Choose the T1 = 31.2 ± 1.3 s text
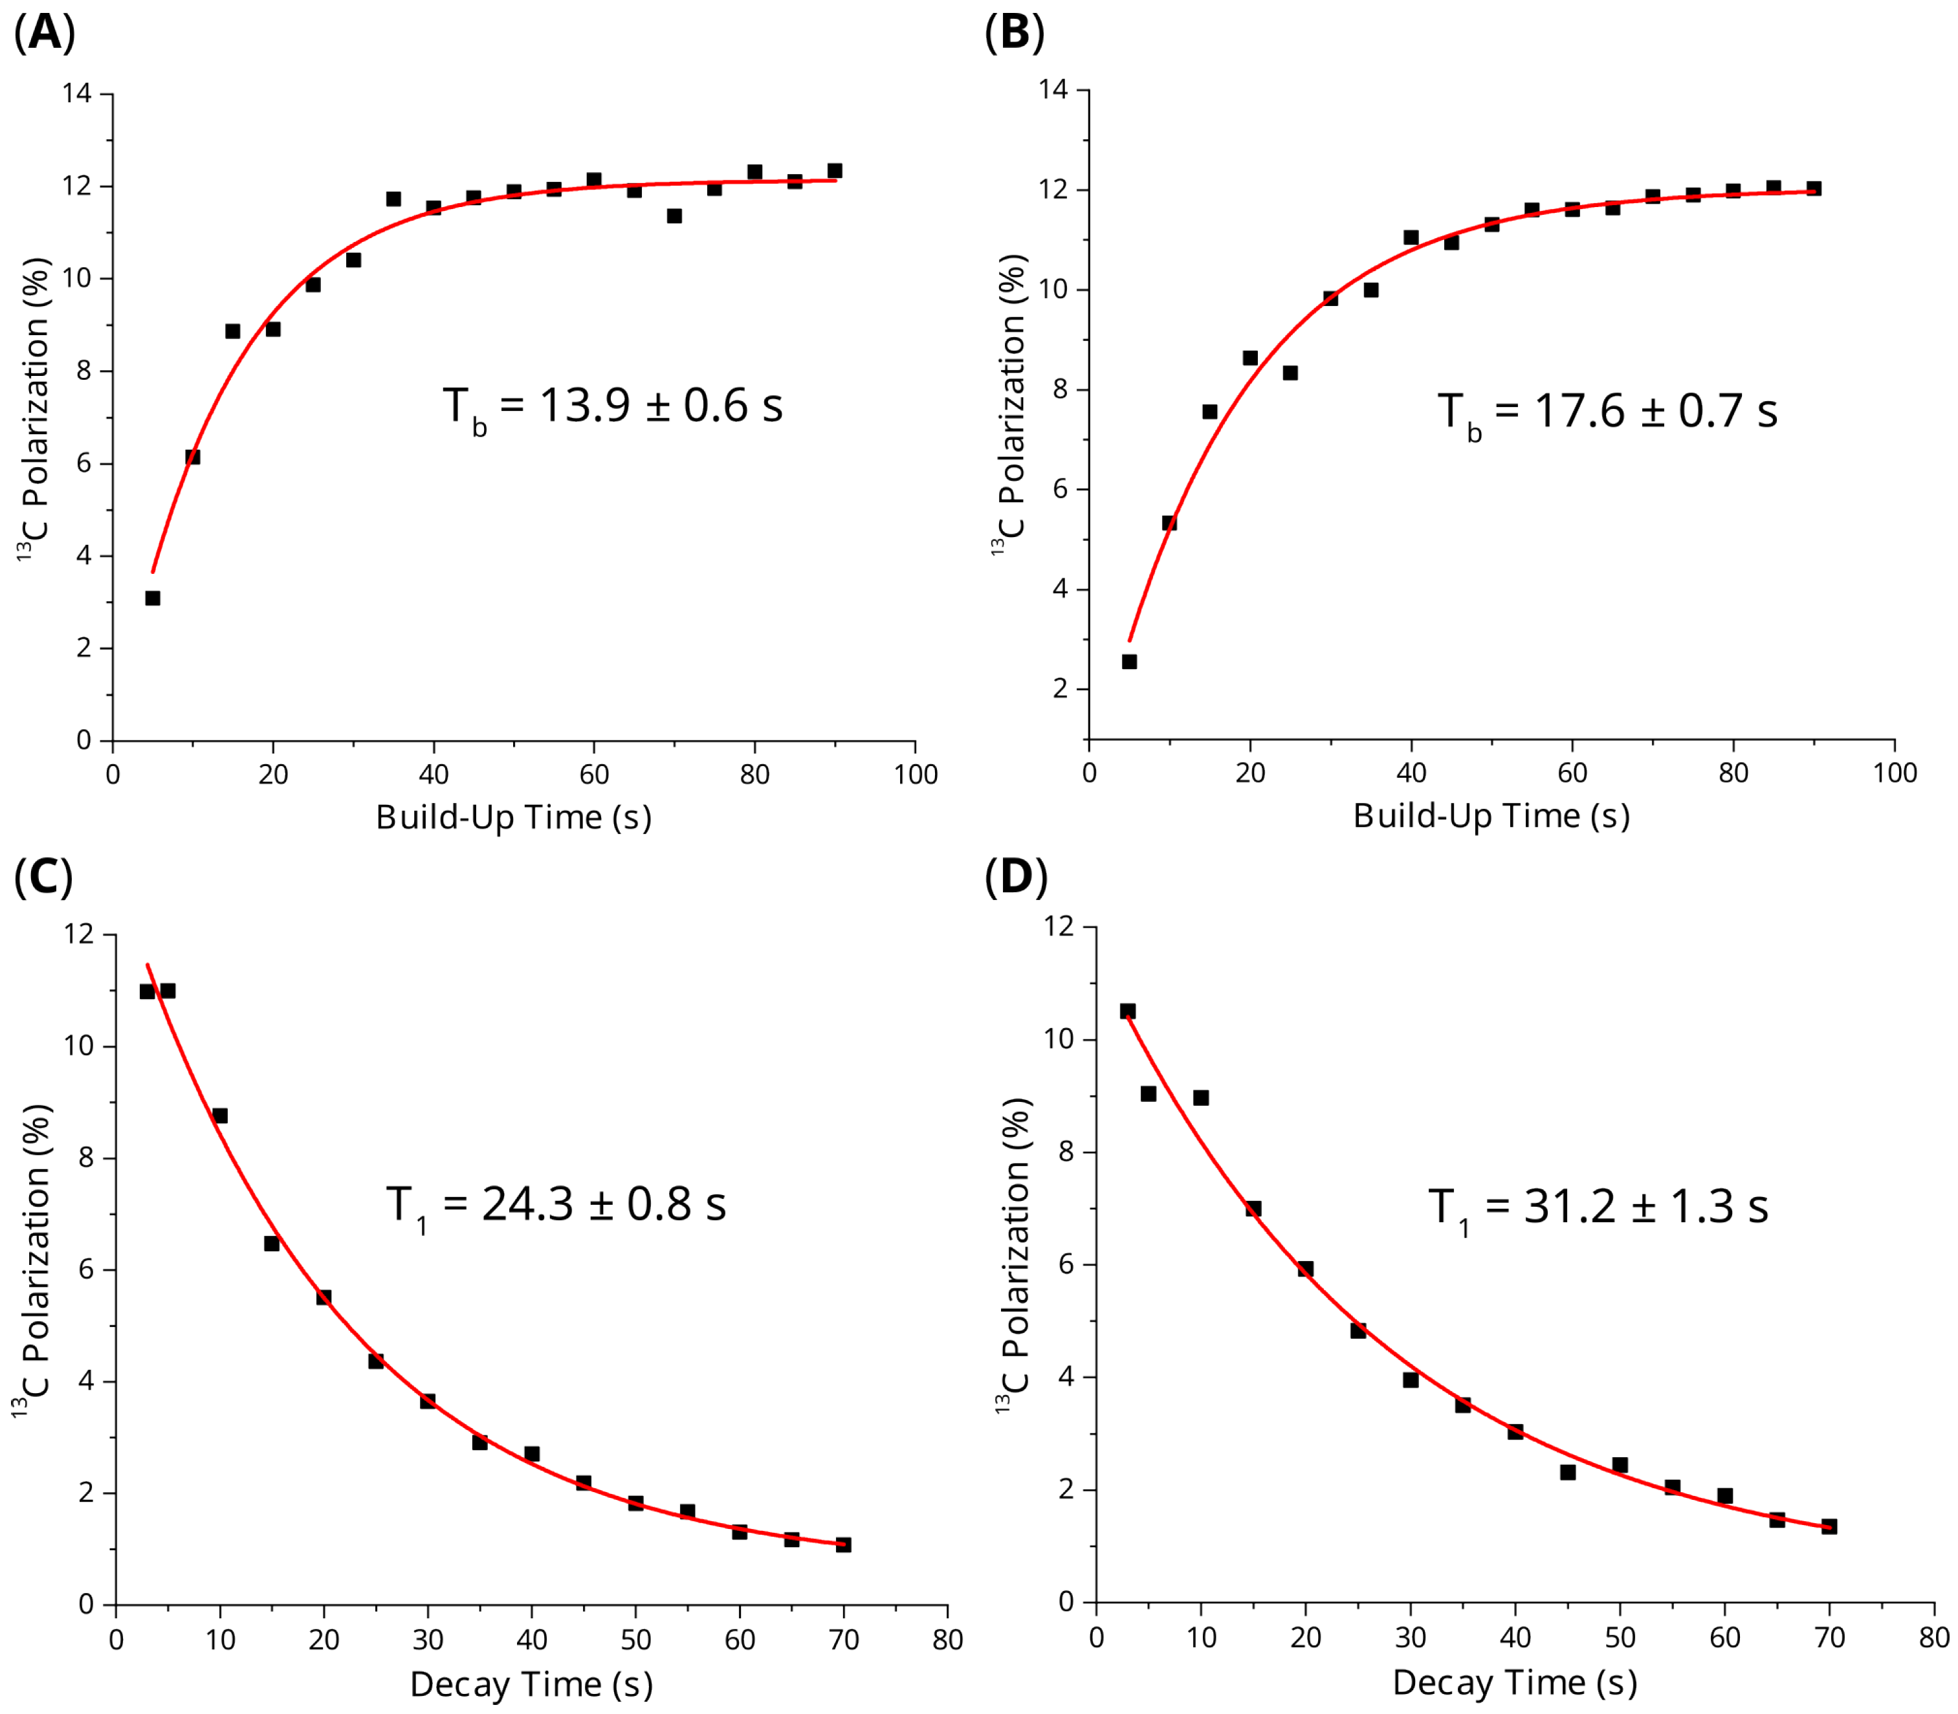tap(1598, 1208)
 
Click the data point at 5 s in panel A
tap(152, 598)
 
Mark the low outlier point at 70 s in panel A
tap(674, 216)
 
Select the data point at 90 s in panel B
tap(1814, 188)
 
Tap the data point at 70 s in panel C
tap(842, 1544)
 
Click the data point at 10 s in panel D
tap(1200, 1098)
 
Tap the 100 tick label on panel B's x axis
tap(1894, 773)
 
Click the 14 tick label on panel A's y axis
tap(78, 94)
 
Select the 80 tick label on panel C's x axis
tap(947, 1640)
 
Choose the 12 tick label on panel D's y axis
tap(1058, 927)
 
